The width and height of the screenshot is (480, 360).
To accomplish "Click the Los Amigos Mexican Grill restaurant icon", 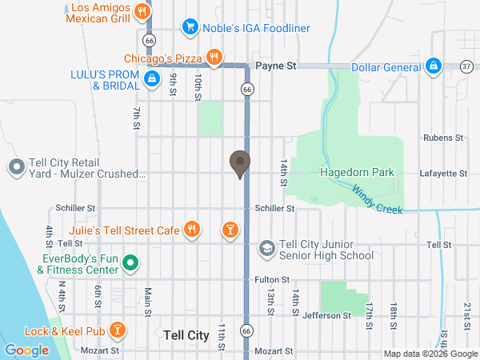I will (142, 11).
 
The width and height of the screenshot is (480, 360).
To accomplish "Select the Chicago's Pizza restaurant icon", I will (214, 58).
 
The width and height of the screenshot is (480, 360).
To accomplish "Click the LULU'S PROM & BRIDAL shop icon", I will (150, 78).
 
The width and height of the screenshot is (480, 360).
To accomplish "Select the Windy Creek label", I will (374, 197).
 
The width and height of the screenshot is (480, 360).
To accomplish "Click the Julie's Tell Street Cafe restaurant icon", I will (192, 230).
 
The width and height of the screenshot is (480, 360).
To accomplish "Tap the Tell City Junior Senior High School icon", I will (266, 250).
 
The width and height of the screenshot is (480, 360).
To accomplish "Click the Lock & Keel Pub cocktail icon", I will (118, 330).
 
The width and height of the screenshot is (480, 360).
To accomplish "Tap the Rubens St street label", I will (443, 138).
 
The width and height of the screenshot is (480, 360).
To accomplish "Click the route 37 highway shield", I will (466, 66).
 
